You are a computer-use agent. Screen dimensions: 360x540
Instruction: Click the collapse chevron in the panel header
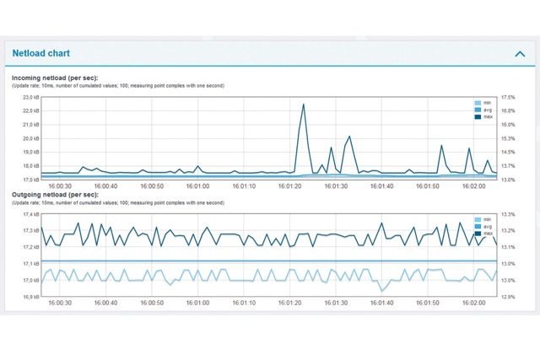(x=519, y=53)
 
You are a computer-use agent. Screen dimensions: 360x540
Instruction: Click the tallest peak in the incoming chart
(x=304, y=105)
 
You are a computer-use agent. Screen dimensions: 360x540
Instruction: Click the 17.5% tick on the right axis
(x=508, y=97)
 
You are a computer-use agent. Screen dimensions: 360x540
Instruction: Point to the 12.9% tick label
(x=508, y=297)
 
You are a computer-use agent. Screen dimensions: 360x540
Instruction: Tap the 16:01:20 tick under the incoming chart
(x=289, y=186)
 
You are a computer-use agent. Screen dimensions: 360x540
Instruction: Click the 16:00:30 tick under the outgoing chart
(x=59, y=303)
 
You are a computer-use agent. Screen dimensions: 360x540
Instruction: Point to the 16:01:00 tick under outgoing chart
(x=197, y=303)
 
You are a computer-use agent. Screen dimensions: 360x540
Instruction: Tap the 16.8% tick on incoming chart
(x=508, y=110)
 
